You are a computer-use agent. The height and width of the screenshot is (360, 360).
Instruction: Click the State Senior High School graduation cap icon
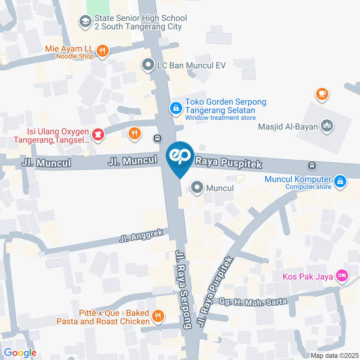(x=85, y=22)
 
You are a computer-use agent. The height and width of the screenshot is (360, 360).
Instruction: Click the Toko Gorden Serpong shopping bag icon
(x=175, y=109)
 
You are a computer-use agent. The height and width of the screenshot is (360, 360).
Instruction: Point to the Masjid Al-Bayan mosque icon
(x=327, y=126)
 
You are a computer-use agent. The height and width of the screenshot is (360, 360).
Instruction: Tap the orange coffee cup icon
(x=322, y=93)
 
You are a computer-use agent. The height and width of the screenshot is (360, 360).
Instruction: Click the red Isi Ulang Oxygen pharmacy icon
(x=97, y=135)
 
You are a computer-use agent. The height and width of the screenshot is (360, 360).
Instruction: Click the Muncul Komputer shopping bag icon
(x=340, y=181)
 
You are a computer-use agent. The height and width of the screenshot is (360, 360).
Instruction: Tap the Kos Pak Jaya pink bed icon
(x=342, y=277)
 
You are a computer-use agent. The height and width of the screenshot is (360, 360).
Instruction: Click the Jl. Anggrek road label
(x=141, y=235)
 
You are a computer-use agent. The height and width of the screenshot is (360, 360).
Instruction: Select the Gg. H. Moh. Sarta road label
(x=248, y=301)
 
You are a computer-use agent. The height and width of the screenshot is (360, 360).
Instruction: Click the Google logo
(x=20, y=352)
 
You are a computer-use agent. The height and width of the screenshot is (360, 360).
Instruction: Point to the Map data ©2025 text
(x=334, y=355)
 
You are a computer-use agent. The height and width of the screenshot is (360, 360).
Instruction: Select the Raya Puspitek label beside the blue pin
(x=228, y=163)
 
